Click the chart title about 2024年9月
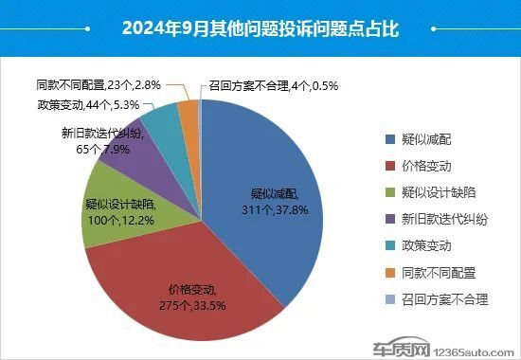260,28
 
